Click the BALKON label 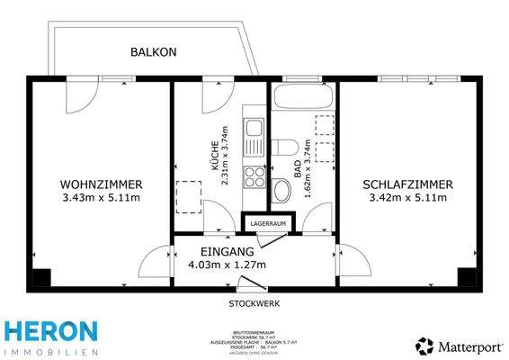pyautogui.click(x=154, y=52)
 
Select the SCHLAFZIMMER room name pyautogui.click(x=406, y=184)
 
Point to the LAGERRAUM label pyautogui.click(x=268, y=222)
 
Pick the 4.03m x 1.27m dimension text pyautogui.click(x=217, y=265)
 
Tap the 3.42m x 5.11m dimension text pyautogui.click(x=406, y=198)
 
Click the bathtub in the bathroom pyautogui.click(x=302, y=97)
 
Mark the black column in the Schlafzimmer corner pyautogui.click(x=466, y=277)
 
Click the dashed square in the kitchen pyautogui.click(x=189, y=194)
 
